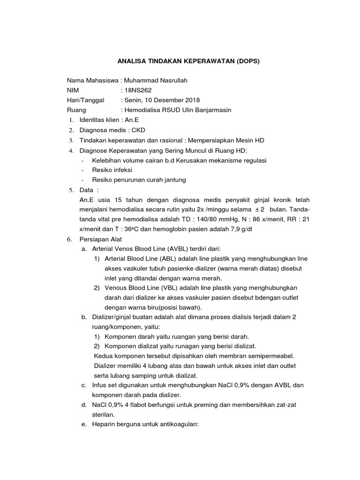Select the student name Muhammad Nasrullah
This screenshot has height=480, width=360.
click(x=153, y=80)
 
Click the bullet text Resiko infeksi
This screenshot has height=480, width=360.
click(x=112, y=170)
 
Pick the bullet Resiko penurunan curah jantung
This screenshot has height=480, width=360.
click(x=139, y=180)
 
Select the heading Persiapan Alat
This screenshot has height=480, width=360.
click(x=101, y=239)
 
